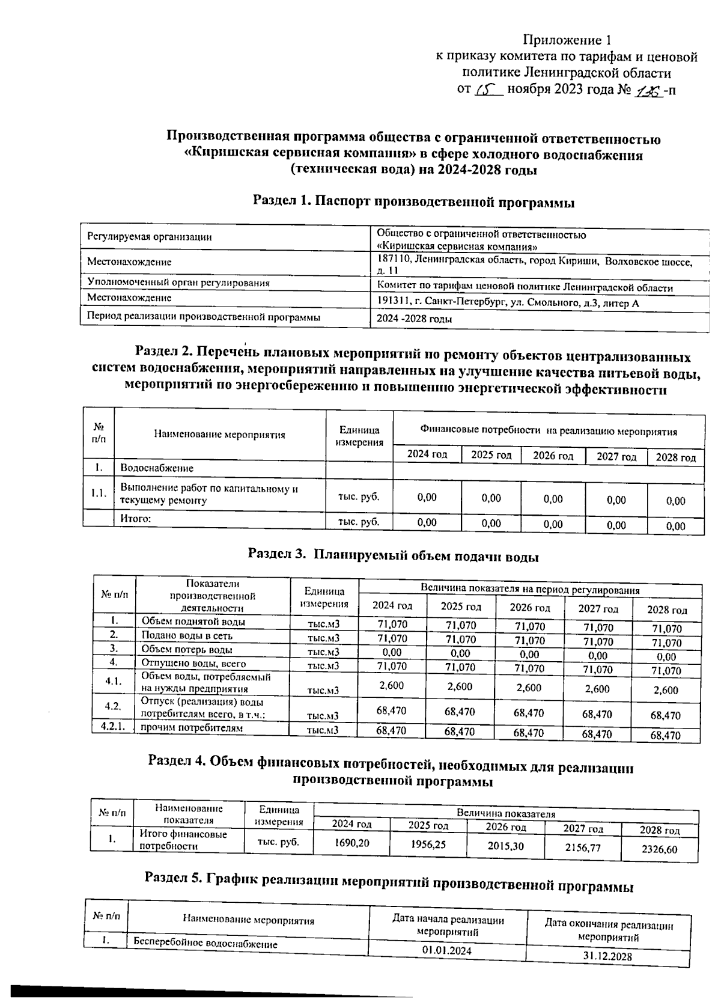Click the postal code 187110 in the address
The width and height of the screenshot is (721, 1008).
[x=393, y=260]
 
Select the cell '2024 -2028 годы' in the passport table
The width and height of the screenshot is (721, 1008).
[x=414, y=319]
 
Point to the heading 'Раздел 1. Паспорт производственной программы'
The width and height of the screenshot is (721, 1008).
[x=413, y=202]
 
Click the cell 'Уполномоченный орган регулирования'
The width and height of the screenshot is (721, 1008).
[x=178, y=283]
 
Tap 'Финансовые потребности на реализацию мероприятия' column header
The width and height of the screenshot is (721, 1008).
[x=548, y=431]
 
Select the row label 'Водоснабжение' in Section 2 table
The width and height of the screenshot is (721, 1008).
[x=157, y=468]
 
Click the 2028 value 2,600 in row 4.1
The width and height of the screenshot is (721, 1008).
[x=666, y=690]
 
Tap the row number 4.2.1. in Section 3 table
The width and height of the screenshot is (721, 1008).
[x=112, y=726]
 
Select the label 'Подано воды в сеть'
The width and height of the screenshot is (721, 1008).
[x=186, y=635]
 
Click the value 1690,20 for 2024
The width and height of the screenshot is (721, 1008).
[x=352, y=843]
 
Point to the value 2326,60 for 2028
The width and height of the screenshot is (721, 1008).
[x=659, y=849]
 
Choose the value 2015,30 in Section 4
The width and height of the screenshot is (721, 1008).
[x=505, y=846]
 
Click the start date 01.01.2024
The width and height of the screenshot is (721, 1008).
[x=447, y=950]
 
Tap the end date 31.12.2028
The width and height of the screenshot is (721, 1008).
[x=608, y=956]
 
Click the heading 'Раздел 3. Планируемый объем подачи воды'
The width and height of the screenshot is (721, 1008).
[x=394, y=556]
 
